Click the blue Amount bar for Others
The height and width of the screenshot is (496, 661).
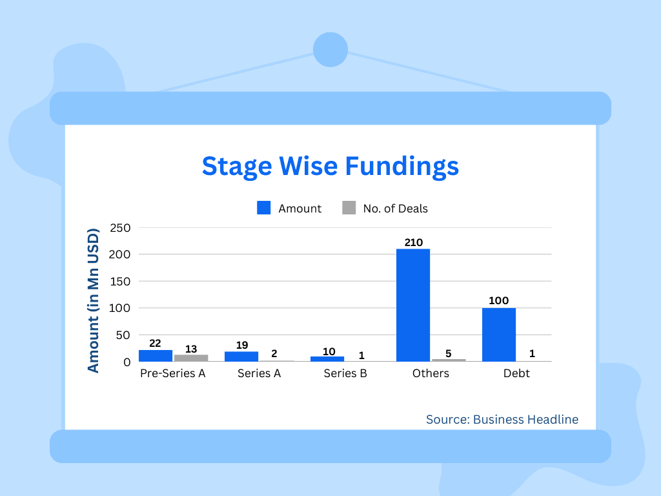[x=413, y=305]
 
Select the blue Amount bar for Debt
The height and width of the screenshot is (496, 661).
[x=499, y=335]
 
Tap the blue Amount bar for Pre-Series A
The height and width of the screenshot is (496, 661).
[x=156, y=356]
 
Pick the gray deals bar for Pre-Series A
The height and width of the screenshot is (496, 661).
[x=191, y=358]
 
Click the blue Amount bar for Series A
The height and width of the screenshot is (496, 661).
[x=241, y=356]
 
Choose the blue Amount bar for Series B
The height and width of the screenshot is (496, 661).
[x=327, y=359]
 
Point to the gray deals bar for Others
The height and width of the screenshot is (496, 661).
[x=449, y=360]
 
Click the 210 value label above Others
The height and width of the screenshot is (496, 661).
[x=414, y=243]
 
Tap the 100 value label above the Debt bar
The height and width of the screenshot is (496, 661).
[x=499, y=301]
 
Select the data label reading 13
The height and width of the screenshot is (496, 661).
[x=191, y=349]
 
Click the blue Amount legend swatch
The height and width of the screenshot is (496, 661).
[x=264, y=208]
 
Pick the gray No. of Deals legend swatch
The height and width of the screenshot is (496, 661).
[x=349, y=208]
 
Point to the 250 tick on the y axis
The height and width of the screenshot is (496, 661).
[x=120, y=228]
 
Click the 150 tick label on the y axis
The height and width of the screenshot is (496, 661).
[x=120, y=282]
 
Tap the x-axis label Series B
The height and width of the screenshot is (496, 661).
[x=345, y=373]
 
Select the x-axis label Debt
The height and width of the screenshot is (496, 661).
[x=516, y=373]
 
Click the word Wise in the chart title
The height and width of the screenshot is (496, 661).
[x=309, y=166]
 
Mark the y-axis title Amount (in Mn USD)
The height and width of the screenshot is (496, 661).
[x=93, y=301]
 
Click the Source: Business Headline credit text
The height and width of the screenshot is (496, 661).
[x=502, y=419]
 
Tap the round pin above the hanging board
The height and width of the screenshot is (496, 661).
[x=330, y=50]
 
